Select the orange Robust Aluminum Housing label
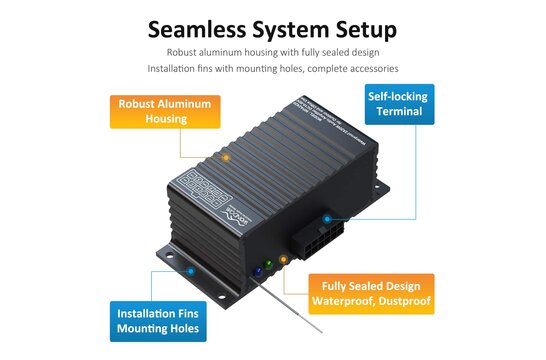click(x=164, y=111)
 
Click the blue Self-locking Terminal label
click(x=399, y=104)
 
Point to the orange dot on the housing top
click(x=226, y=158)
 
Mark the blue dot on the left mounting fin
click(x=187, y=269)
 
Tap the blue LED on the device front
click(x=257, y=271)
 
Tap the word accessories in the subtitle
click(x=366, y=69)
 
